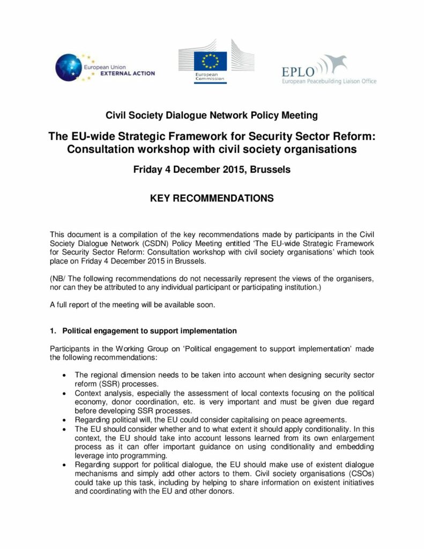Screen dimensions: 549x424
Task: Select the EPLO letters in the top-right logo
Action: (x=298, y=70)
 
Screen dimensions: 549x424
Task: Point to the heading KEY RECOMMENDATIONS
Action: (x=212, y=198)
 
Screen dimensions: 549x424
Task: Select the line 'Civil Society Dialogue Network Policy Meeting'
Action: (x=212, y=115)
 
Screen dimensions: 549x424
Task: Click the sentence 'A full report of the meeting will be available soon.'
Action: (x=132, y=306)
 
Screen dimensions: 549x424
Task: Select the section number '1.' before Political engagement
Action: (x=54, y=331)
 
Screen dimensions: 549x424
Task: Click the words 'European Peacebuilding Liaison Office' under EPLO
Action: (x=329, y=81)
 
